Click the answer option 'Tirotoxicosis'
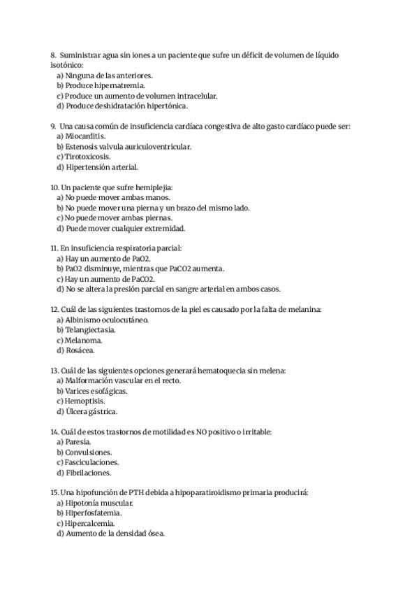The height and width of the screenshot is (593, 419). coord(89,157)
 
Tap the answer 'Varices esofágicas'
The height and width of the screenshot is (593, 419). coord(96,391)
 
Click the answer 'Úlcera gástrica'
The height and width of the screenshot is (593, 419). coord(91,411)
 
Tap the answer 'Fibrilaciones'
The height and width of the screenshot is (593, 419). coord(89,472)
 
